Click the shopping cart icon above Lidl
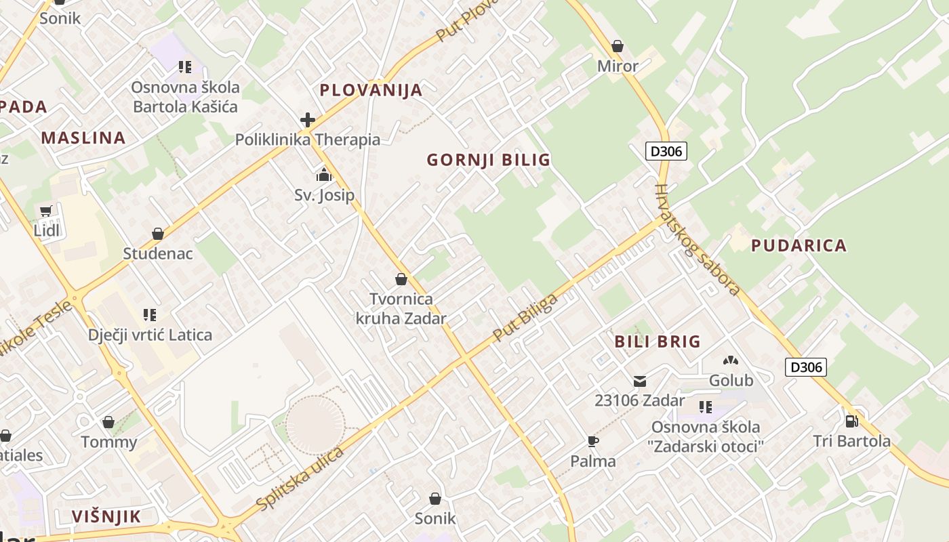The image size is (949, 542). (45, 211)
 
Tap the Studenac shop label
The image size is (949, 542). (158, 254)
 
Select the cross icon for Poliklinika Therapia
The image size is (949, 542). (308, 121)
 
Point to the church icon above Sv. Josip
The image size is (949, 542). (324, 175)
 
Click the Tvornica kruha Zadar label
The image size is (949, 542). (401, 308)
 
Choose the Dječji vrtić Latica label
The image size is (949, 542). (150, 335)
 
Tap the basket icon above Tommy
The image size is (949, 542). (108, 423)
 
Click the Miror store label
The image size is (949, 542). (618, 66)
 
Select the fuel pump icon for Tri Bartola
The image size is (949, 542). (851, 421)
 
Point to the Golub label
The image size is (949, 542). (731, 381)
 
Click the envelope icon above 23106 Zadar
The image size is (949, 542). (639, 381)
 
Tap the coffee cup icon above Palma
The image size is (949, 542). (593, 442)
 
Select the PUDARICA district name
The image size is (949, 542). (799, 246)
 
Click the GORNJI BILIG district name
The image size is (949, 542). (488, 161)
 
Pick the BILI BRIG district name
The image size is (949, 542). (658, 341)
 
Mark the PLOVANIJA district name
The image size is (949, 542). (371, 90)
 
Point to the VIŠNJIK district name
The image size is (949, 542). (106, 517)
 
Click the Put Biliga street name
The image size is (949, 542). (526, 317)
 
